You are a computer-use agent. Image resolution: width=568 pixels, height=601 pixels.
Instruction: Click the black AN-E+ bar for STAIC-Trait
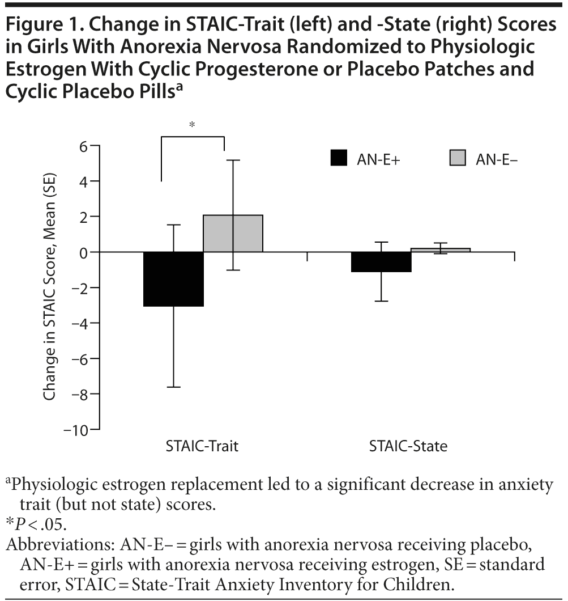click(x=173, y=279)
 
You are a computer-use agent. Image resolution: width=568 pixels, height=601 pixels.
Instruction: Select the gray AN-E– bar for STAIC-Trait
click(x=233, y=234)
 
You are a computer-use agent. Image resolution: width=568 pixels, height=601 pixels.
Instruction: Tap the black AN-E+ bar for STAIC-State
click(x=381, y=262)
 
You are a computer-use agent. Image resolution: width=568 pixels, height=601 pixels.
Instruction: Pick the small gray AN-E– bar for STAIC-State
click(x=441, y=250)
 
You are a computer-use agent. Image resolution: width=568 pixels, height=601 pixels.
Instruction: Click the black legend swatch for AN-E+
click(x=339, y=159)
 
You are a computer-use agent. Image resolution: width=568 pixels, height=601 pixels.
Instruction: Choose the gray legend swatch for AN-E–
click(x=458, y=159)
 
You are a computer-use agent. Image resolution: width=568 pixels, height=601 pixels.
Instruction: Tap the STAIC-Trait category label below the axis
click(x=202, y=447)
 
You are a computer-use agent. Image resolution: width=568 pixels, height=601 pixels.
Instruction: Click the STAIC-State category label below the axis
click(x=408, y=447)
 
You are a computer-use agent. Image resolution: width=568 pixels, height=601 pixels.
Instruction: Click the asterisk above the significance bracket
click(x=193, y=125)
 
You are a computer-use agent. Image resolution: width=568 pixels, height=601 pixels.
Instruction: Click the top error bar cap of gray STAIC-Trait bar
click(x=233, y=160)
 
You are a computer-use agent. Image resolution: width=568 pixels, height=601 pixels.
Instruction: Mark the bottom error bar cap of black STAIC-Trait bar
click(x=173, y=387)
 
